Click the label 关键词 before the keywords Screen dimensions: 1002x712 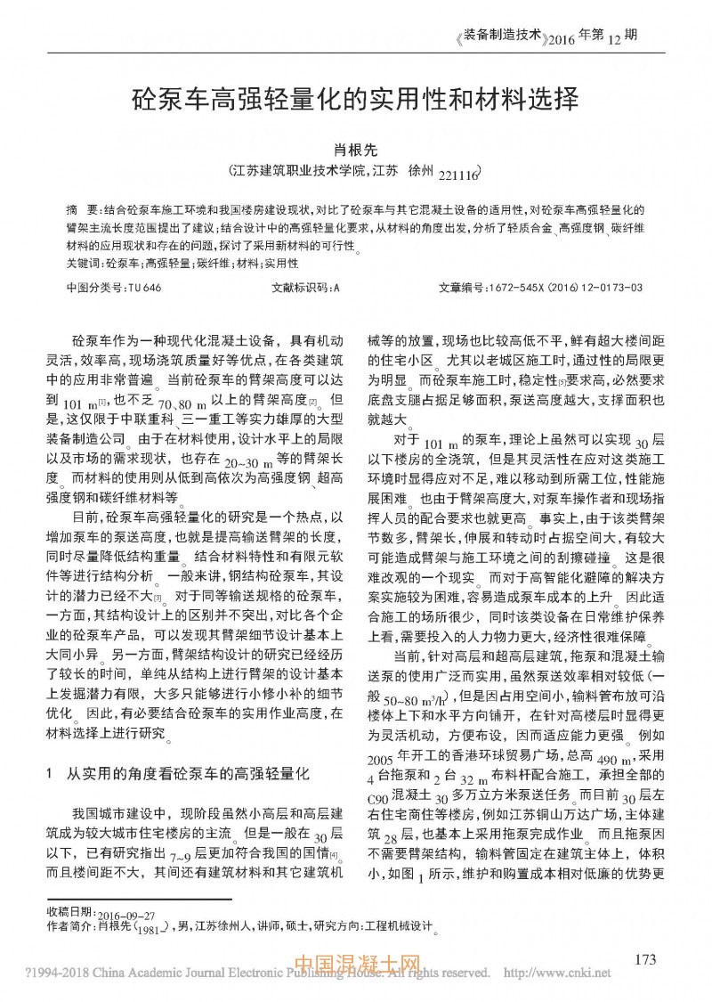(x=85, y=264)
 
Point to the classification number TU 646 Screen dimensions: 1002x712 (x=145, y=289)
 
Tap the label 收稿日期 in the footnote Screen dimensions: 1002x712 (x=69, y=915)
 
